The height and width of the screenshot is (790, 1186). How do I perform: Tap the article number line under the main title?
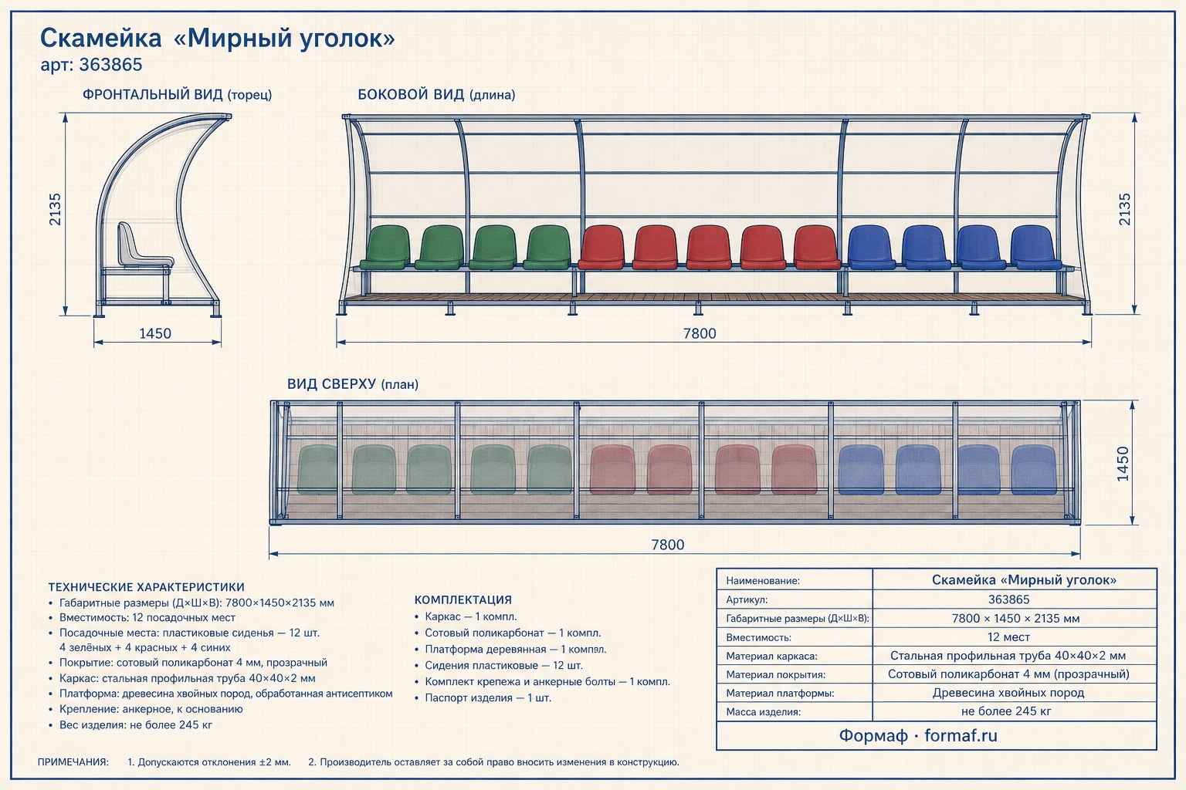(92, 65)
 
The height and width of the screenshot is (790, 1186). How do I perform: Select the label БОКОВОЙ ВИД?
(411, 95)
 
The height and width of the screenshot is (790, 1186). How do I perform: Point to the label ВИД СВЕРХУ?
(331, 383)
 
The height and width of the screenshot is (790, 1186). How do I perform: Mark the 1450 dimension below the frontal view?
(155, 333)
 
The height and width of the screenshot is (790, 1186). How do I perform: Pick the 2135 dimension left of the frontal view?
(55, 210)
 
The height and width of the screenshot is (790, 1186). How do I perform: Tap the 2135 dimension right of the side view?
(1124, 210)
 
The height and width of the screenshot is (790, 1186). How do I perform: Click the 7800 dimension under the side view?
(700, 333)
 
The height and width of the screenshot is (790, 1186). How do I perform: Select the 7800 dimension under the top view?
(668, 545)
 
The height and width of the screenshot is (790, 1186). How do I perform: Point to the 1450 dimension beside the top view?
(1123, 464)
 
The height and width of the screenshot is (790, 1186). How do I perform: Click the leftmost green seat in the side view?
(385, 248)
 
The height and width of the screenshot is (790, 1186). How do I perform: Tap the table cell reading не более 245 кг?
(1006, 711)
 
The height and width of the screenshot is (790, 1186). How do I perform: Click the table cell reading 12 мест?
(1008, 637)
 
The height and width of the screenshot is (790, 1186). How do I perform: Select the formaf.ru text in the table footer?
(961, 735)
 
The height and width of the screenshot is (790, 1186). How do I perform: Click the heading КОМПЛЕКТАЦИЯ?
(463, 600)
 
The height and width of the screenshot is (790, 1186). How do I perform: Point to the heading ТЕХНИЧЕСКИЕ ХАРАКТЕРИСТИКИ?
(147, 587)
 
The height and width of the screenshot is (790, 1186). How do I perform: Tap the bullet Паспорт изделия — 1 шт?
(488, 698)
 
